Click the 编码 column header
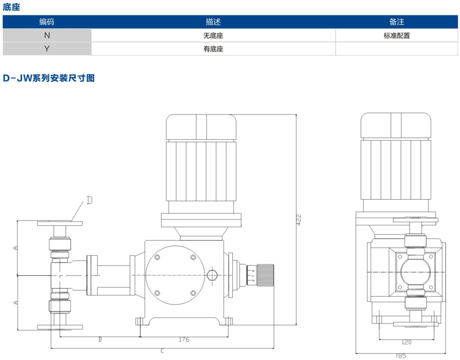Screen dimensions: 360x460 pos(47,22)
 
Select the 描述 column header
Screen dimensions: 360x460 pos(213,22)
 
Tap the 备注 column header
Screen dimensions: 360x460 pos(396,22)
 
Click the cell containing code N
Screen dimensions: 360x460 pos(47,35)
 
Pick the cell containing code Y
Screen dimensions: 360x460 pos(47,49)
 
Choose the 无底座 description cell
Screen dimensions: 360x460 pos(213,35)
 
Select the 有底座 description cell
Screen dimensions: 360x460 pos(213,49)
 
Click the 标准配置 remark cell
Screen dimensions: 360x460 pos(396,35)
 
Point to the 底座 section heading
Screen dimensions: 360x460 pos(11,7)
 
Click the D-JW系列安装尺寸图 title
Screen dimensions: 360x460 pos(49,78)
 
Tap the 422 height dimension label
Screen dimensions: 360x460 pos(299,219)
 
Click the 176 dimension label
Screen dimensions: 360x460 pos(184,339)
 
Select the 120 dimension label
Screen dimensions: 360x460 pos(406,342)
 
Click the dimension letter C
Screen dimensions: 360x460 pos(162,351)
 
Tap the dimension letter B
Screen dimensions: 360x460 pos(100,339)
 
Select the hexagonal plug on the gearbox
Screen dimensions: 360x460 pos(212,274)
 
